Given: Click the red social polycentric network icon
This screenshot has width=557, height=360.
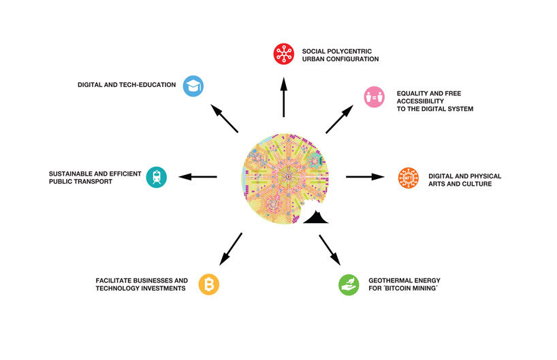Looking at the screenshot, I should [x=283, y=54].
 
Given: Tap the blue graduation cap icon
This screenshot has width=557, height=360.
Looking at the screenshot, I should [x=193, y=85].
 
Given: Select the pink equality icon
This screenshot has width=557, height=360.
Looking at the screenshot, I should [x=374, y=96].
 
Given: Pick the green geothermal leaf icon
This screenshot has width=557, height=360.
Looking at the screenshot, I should [x=349, y=284].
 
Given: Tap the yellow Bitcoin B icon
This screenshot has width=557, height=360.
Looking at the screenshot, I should [x=208, y=284].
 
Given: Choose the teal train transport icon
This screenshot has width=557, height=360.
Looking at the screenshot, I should [x=157, y=177].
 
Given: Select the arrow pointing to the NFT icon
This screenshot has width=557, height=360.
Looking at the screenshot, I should [x=365, y=177].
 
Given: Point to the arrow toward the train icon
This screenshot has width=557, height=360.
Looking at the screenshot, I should [x=198, y=177].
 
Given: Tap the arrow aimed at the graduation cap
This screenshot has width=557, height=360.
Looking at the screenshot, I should [x=224, y=118].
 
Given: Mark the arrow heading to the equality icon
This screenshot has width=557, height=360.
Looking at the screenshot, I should [x=340, y=119].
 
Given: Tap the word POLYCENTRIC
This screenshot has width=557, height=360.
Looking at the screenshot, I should [x=348, y=50].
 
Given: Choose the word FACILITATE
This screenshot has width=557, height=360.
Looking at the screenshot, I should [x=116, y=280].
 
